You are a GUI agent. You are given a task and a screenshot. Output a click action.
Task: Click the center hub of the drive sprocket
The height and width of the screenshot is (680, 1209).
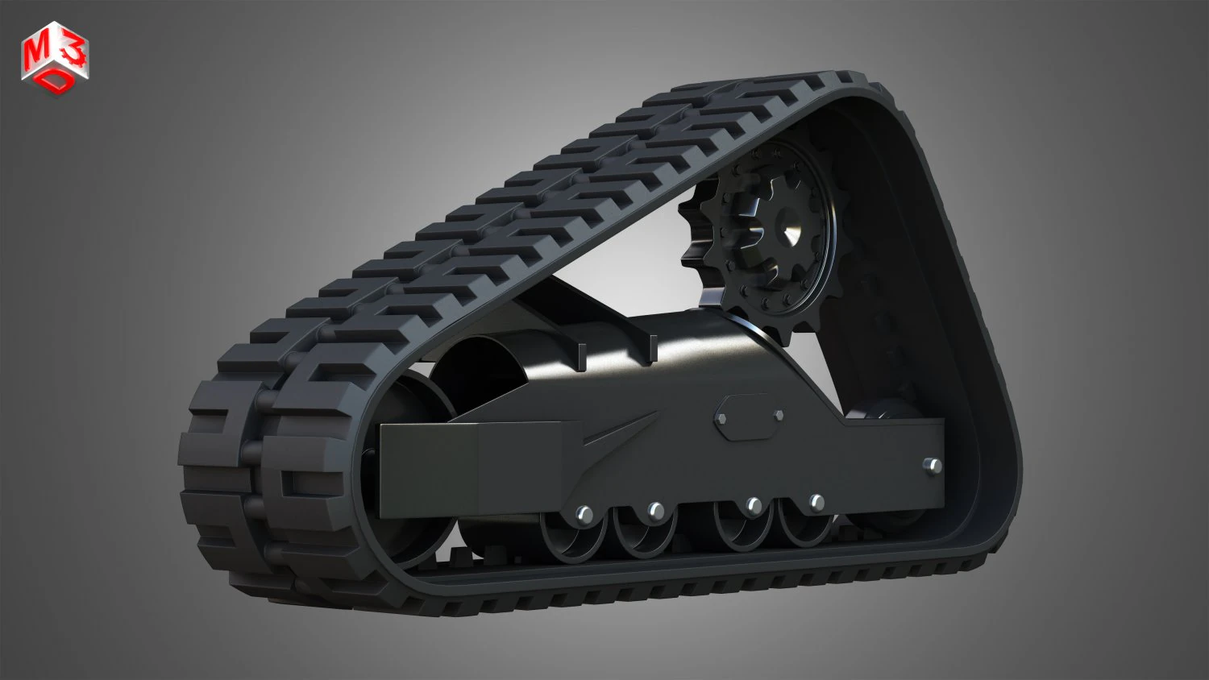point(785,233)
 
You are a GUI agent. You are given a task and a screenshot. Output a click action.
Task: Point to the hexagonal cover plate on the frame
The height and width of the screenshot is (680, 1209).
point(750,417)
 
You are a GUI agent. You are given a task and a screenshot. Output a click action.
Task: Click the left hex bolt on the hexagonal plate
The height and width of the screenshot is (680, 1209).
point(722,419)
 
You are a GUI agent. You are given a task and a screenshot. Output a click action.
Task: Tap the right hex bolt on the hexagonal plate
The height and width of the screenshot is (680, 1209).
point(779,415)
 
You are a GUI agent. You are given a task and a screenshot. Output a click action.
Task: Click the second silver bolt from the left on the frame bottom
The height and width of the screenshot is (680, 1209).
point(656,510)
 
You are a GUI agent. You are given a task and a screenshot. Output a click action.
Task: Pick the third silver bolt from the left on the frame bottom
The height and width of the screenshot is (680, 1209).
point(754,505)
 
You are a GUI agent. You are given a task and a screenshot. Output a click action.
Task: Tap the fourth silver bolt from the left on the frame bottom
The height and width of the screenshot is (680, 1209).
point(816,502)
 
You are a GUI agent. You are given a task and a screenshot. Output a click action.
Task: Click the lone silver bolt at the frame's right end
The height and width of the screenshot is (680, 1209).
point(933,466)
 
